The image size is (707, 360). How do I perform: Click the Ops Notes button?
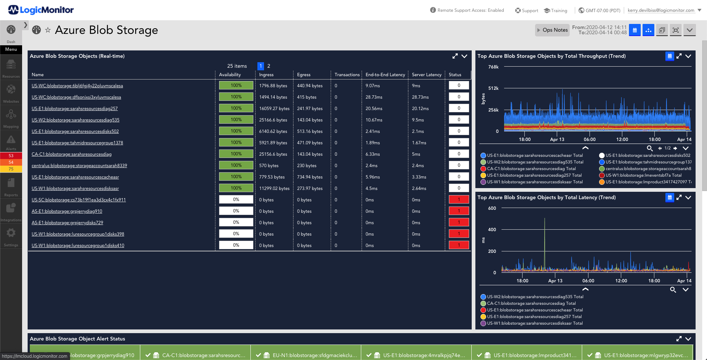click(x=552, y=30)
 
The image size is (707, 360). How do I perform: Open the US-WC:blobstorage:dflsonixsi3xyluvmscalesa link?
click(x=76, y=97)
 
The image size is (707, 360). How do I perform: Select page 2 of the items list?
click(x=269, y=66)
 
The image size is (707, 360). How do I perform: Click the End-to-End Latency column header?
click(x=385, y=75)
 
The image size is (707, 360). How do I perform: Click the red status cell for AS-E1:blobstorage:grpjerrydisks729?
click(x=459, y=222)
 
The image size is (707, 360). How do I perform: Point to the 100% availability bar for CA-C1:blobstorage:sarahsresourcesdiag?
click(x=236, y=154)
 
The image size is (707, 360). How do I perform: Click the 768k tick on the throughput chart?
click(x=493, y=67)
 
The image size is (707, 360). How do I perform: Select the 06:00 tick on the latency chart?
click(x=588, y=281)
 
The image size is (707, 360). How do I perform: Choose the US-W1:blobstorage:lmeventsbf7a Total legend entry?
click(x=644, y=175)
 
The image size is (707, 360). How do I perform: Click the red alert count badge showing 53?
click(x=11, y=156)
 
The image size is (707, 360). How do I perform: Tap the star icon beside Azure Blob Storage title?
click(x=48, y=30)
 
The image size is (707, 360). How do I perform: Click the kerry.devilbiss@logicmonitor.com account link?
click(x=661, y=10)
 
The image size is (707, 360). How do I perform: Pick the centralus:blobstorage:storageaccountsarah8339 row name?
click(x=79, y=166)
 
